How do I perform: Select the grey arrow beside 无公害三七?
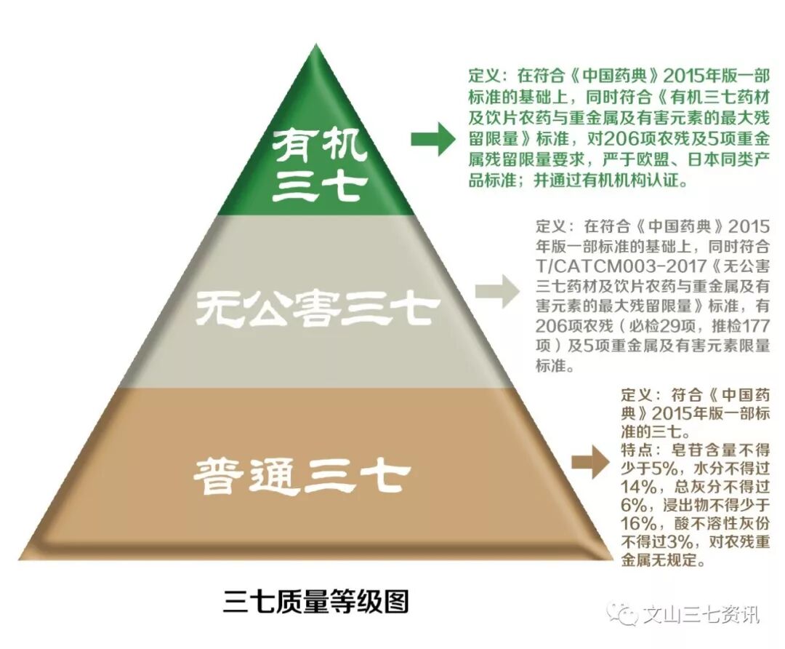pos(496,292)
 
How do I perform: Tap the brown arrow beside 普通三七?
pos(589,463)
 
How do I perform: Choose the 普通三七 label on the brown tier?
pos(302,477)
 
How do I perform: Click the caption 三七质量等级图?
pos(316,602)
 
